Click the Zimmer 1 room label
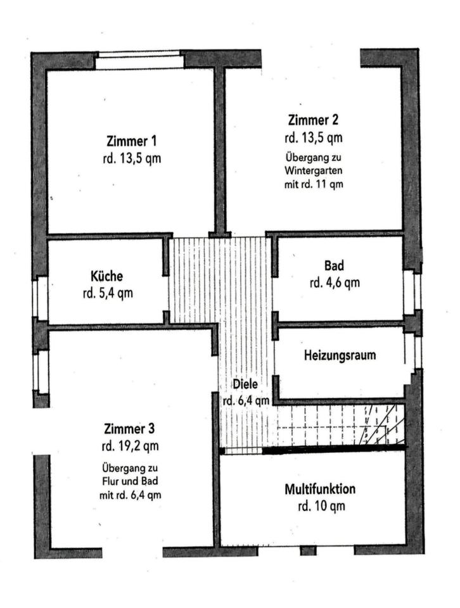click(132, 141)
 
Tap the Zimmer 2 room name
click(313, 120)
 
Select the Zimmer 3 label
click(129, 429)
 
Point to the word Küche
click(106, 276)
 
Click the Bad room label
click(334, 265)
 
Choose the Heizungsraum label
click(340, 355)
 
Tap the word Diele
click(245, 384)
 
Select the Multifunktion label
click(320, 489)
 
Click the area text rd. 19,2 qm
click(131, 446)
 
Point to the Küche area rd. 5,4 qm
click(108, 293)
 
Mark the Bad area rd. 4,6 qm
click(335, 282)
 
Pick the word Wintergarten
click(314, 170)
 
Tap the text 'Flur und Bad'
click(131, 481)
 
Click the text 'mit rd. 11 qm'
click(314, 184)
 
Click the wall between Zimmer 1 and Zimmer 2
click(220, 151)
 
